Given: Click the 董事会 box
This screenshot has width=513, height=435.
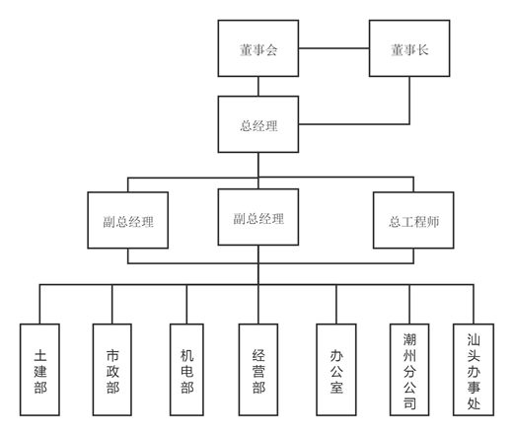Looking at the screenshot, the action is pos(258,48).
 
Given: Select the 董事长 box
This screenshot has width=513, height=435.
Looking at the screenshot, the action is pos(409,48).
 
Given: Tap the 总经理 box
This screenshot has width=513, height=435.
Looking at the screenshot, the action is pos(258,124).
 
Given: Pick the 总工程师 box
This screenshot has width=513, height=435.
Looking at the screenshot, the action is pos(413,220).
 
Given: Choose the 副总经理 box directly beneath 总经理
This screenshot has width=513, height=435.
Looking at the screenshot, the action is pos(258,217).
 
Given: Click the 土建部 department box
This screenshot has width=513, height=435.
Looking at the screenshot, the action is pos(39,370).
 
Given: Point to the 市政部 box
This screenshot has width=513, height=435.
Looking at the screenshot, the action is pos(112,370).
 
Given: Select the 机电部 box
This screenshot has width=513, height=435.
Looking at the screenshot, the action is pos(186,370).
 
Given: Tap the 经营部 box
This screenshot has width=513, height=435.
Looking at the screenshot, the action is pos(258,370).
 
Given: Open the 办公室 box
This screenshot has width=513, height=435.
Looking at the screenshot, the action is pos(336,370).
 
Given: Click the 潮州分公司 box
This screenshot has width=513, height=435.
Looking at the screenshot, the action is pos(409,370).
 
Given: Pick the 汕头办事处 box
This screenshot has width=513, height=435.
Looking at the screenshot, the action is pos(474,370).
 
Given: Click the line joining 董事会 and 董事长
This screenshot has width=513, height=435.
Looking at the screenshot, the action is pos(333,48).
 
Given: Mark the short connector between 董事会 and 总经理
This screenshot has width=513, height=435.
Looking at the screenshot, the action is pos(258,86).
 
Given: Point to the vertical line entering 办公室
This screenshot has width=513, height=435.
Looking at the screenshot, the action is pos(336,304).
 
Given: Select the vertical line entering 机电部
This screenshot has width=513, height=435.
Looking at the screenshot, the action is pos(186,304).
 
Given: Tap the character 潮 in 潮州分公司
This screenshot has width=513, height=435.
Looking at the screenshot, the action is pos(409,339).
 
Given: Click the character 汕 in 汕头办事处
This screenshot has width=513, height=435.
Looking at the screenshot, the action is pos(474,339).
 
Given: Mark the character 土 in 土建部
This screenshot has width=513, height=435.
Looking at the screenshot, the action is pos(40,356).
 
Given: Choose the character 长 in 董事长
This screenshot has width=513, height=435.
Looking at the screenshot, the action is pos(422,50).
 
